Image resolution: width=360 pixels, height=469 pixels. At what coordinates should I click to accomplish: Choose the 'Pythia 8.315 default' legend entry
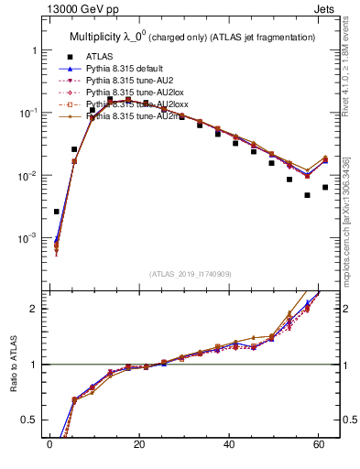click(129, 69)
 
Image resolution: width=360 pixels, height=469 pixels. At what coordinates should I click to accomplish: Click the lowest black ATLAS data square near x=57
click(308, 195)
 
